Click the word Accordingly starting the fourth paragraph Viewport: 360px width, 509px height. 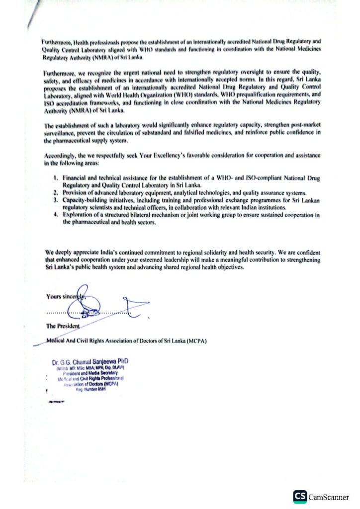[x=53, y=156]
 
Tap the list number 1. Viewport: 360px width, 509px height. [x=55, y=177]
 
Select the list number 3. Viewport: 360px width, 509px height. [x=55, y=200]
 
